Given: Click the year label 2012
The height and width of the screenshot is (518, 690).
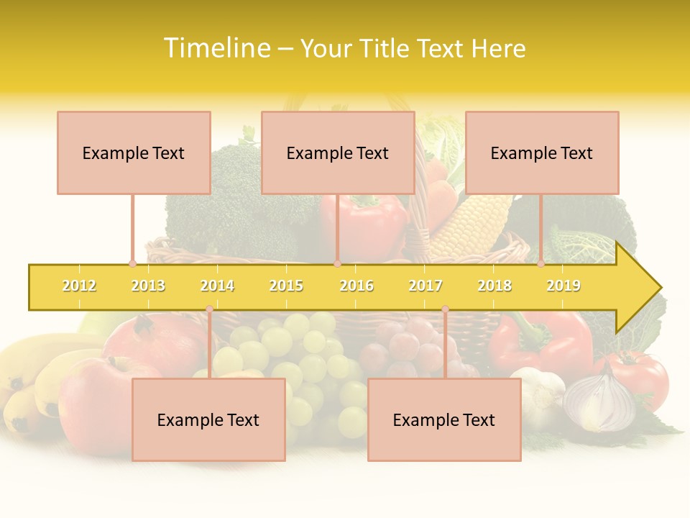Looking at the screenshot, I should coord(79,286).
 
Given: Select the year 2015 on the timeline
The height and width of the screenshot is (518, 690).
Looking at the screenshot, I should coord(286,286).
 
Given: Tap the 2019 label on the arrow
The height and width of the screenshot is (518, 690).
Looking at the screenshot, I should coord(563,286).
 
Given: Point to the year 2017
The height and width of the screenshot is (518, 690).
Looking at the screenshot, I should coord(425,286).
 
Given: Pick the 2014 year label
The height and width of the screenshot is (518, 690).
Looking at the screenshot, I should coord(217,286).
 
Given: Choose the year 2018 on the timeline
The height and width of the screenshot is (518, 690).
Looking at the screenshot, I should coord(494,286).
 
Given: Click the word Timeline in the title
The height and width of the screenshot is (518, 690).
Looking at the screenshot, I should coord(216,48).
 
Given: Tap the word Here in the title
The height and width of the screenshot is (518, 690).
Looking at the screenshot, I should coord(498,48).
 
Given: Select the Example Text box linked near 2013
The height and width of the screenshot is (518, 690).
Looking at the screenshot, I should coord(134,153).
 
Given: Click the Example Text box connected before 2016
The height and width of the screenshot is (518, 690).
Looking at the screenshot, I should coord(338,153).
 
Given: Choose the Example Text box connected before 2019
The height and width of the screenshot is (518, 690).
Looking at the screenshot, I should coord(542,153).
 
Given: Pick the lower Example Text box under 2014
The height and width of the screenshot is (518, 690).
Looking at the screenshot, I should coord(208,419).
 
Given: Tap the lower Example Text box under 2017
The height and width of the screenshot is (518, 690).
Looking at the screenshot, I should coord(444,419).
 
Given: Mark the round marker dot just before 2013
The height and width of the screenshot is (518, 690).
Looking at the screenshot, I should coord(132,264).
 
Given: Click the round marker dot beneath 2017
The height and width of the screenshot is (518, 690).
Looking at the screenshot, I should coord(445,309).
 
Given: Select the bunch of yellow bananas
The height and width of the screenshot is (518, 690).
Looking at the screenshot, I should coord(36,381).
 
